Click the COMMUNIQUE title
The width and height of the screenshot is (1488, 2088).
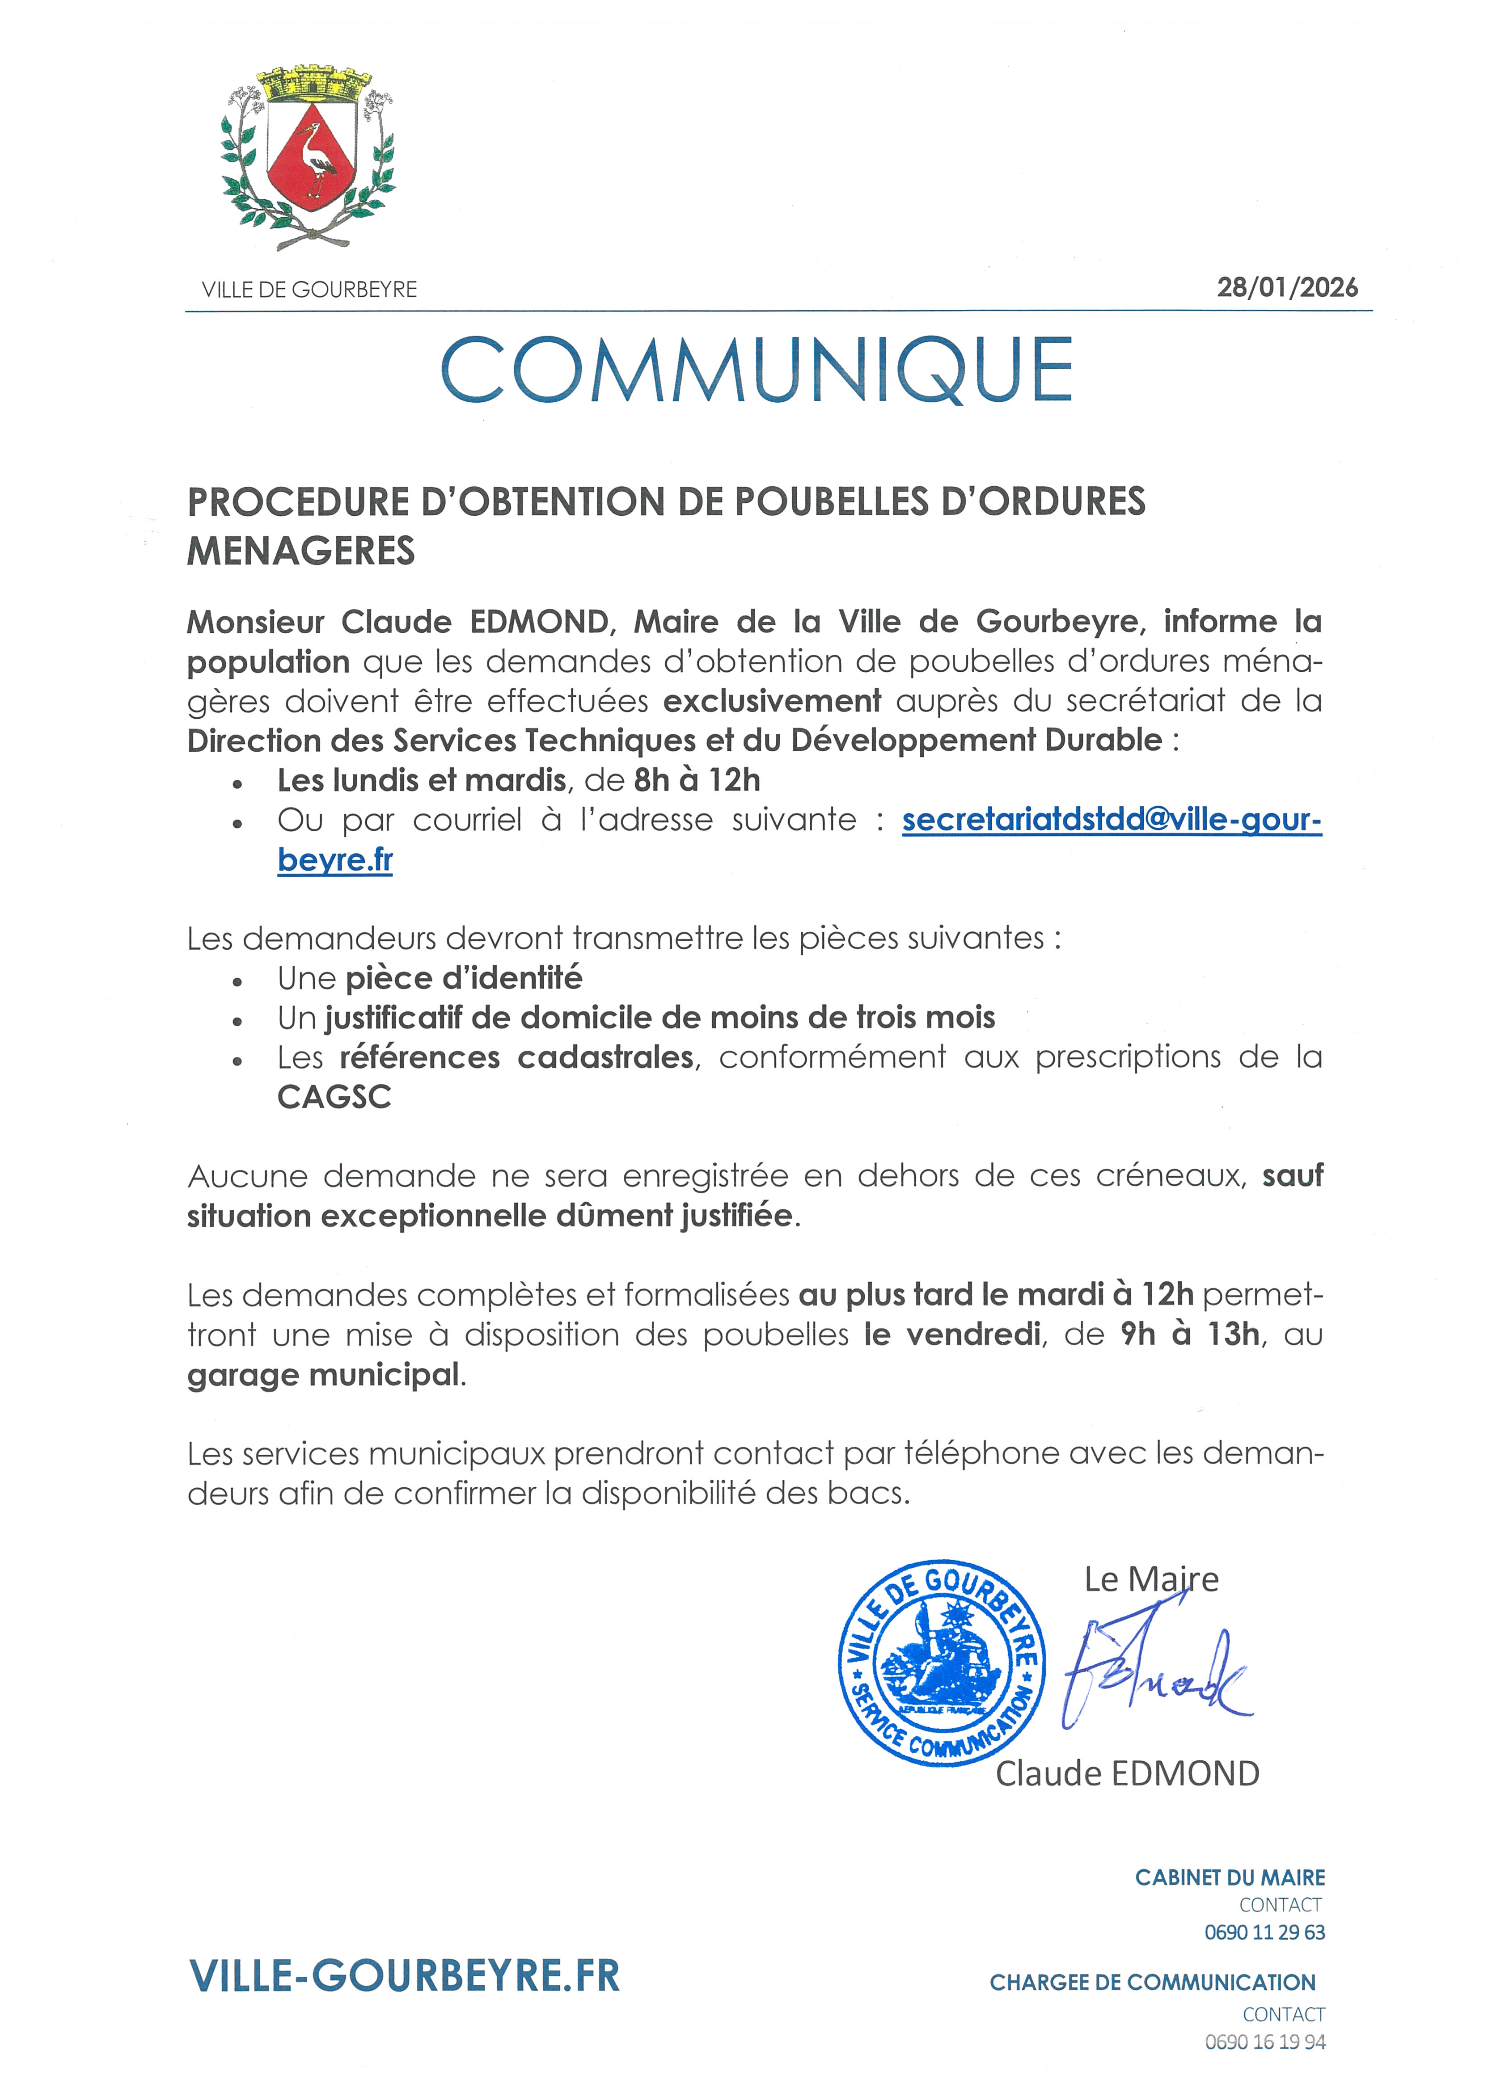coord(757,370)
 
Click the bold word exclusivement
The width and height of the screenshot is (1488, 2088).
coord(771,701)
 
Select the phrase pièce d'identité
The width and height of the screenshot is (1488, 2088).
coord(464,978)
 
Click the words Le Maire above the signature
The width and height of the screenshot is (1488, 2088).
coord(1151,1579)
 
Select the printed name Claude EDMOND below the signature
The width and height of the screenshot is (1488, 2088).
coord(1127,1774)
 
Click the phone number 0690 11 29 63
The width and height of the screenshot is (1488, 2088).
coord(1264,1932)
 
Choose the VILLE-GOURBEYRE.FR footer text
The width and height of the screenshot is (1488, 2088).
coord(404,1976)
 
